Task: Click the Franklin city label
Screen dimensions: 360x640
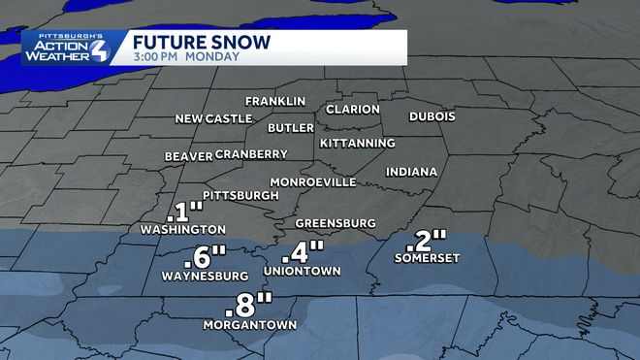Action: [x=275, y=101]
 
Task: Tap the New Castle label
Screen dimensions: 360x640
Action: [x=213, y=119]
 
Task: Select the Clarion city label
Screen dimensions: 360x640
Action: [x=353, y=110]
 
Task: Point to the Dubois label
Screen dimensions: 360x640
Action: [x=432, y=116]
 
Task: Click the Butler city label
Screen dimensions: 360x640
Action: [x=291, y=128]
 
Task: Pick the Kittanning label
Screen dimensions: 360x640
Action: [x=358, y=144]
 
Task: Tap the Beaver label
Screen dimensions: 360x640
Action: [x=188, y=156]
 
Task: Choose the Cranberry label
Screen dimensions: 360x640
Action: [x=251, y=154]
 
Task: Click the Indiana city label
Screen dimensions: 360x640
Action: [x=412, y=172]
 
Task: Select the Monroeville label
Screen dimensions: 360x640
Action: [x=313, y=182]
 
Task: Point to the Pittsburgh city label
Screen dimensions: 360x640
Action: [x=240, y=195]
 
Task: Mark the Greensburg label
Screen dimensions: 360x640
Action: [x=335, y=223]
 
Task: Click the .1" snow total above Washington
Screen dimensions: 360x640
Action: [x=184, y=212]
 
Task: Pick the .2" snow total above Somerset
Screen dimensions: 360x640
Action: [x=428, y=238]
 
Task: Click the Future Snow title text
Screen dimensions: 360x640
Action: [x=202, y=44]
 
